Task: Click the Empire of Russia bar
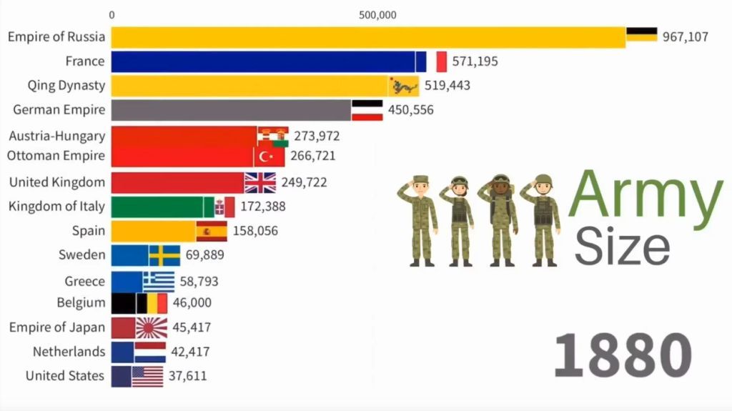click(368, 37)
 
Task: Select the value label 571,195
click(475, 61)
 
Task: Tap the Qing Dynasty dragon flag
click(404, 86)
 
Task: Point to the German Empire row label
click(59, 110)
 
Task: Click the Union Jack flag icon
click(259, 182)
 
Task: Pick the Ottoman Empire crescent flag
click(269, 156)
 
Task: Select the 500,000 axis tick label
click(377, 14)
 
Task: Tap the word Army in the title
click(648, 197)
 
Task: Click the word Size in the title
click(623, 247)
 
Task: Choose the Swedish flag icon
click(164, 255)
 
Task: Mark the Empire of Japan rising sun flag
click(152, 328)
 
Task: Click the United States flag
click(147, 376)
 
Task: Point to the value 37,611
click(188, 376)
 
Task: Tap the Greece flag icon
click(159, 282)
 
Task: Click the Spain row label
click(88, 231)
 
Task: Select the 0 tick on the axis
click(112, 14)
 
